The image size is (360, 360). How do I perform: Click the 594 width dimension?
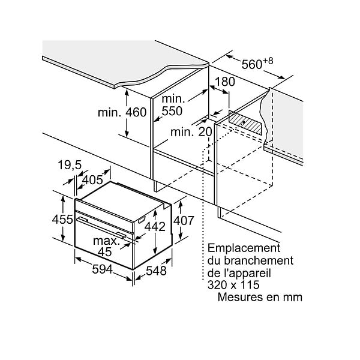(x=102, y=269)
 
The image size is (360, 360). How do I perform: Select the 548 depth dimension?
(x=156, y=271)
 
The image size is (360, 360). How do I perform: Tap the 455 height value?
(x=62, y=219)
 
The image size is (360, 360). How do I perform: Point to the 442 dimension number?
(x=155, y=227)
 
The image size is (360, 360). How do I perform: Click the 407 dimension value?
(x=184, y=221)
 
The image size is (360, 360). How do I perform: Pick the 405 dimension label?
(x=92, y=180)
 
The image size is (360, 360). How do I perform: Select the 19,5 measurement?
(x=70, y=165)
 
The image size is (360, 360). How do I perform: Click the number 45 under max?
(x=104, y=252)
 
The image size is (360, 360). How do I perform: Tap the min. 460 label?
(x=122, y=113)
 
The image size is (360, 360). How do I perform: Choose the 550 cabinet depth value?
(x=172, y=111)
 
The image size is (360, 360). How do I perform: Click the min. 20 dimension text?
(x=191, y=132)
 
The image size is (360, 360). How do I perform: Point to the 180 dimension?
(x=225, y=82)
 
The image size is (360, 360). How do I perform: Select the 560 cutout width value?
(x=252, y=64)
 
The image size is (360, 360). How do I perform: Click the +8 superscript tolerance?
(x=268, y=61)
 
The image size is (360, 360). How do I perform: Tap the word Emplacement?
(x=244, y=248)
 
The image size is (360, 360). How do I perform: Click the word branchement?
(x=259, y=260)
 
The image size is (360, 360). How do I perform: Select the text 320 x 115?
(x=233, y=285)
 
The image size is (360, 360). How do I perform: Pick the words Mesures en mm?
(x=260, y=297)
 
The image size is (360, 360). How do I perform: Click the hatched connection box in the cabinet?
(x=245, y=122)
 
